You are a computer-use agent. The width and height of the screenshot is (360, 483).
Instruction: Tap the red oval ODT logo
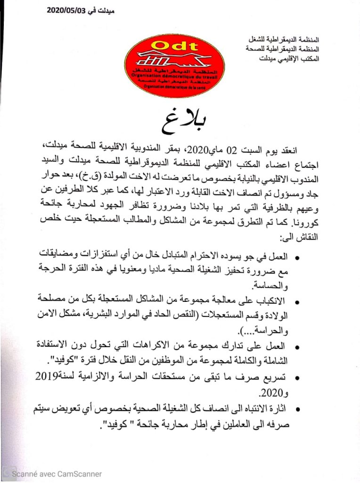174,66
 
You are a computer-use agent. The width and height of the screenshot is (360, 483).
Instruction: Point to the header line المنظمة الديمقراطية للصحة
286,49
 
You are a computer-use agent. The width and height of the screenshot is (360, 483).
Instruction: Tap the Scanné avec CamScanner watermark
57,474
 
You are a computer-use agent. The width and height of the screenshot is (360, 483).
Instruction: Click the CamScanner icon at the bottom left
6,473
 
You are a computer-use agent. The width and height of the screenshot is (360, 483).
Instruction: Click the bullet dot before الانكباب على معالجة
296,301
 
